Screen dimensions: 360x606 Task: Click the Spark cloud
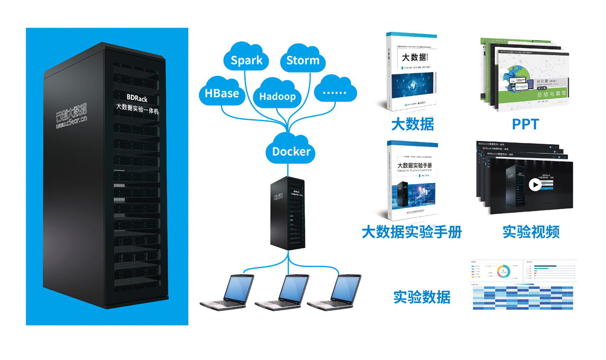tap(247, 61)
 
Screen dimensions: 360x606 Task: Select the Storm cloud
tap(303, 61)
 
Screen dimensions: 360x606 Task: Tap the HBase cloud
tap(222, 93)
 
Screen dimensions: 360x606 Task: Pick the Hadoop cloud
tap(277, 96)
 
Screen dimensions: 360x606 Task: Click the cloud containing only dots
tap(334, 92)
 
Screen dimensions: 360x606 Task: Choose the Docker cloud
tap(291, 151)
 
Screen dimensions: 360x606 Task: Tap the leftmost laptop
tap(227, 291)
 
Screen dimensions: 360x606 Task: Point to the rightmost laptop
tap(334, 291)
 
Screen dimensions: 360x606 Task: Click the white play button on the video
tap(535, 184)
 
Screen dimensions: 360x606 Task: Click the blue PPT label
tap(525, 124)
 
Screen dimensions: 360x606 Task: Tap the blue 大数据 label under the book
tap(412, 124)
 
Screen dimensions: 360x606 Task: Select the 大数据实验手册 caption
tap(411, 232)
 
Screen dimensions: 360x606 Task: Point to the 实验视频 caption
tap(531, 232)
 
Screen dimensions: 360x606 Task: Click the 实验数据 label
tap(422, 297)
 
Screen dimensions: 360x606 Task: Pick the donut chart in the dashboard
tap(503, 271)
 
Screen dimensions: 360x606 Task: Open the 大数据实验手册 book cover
tap(412, 181)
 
